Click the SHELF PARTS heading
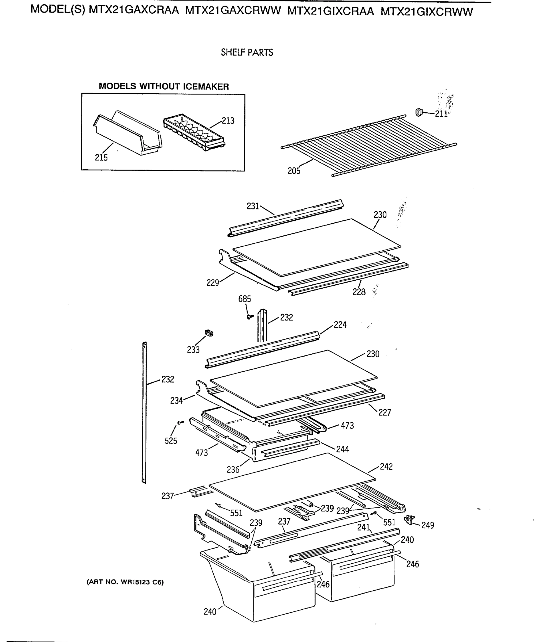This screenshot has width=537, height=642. (x=247, y=53)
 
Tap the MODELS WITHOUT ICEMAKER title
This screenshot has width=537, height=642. (x=163, y=86)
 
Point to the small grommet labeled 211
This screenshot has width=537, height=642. (x=419, y=113)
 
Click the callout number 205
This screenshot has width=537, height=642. (x=294, y=171)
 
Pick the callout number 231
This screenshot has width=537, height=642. (x=253, y=206)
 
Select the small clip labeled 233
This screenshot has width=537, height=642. (x=209, y=333)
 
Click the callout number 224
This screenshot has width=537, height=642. (x=340, y=325)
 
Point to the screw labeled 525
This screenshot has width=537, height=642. (x=180, y=422)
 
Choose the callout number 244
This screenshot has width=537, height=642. (x=342, y=449)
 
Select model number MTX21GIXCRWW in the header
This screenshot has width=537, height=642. (x=427, y=12)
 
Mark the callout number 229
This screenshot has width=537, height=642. (x=212, y=283)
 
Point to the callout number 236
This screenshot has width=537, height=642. (x=233, y=469)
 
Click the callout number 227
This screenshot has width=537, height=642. (x=385, y=413)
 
